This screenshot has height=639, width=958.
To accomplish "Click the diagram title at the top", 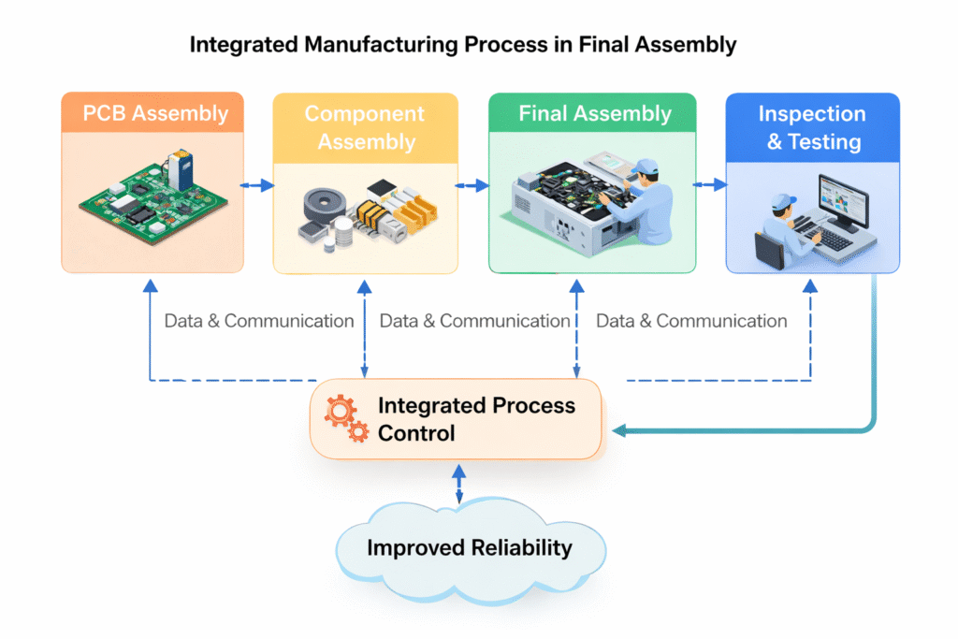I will coord(463,45).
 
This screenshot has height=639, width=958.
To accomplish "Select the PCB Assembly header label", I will coord(154,114).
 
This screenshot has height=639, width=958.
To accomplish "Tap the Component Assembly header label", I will coord(365,128).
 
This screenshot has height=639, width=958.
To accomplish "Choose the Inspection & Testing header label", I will coord(811,128).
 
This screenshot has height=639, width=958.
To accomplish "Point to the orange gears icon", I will coord(345,418).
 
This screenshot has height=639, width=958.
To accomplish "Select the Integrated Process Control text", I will coord(475,419).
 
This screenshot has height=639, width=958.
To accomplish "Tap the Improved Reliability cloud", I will coord(469,547).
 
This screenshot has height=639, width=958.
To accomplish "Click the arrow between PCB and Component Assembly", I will coord(257,185).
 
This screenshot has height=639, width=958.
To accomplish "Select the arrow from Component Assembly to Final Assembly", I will coord(473,185).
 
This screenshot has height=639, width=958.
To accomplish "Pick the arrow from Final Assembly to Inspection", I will coord(710,185).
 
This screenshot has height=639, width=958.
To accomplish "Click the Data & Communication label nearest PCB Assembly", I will coord(259,321).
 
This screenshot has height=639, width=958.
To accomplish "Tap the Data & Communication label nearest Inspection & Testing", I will coord(691,321).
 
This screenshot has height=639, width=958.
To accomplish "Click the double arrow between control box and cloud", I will coord(458,482).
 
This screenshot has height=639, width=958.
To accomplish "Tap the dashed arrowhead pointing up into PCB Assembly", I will coord(150,283).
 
